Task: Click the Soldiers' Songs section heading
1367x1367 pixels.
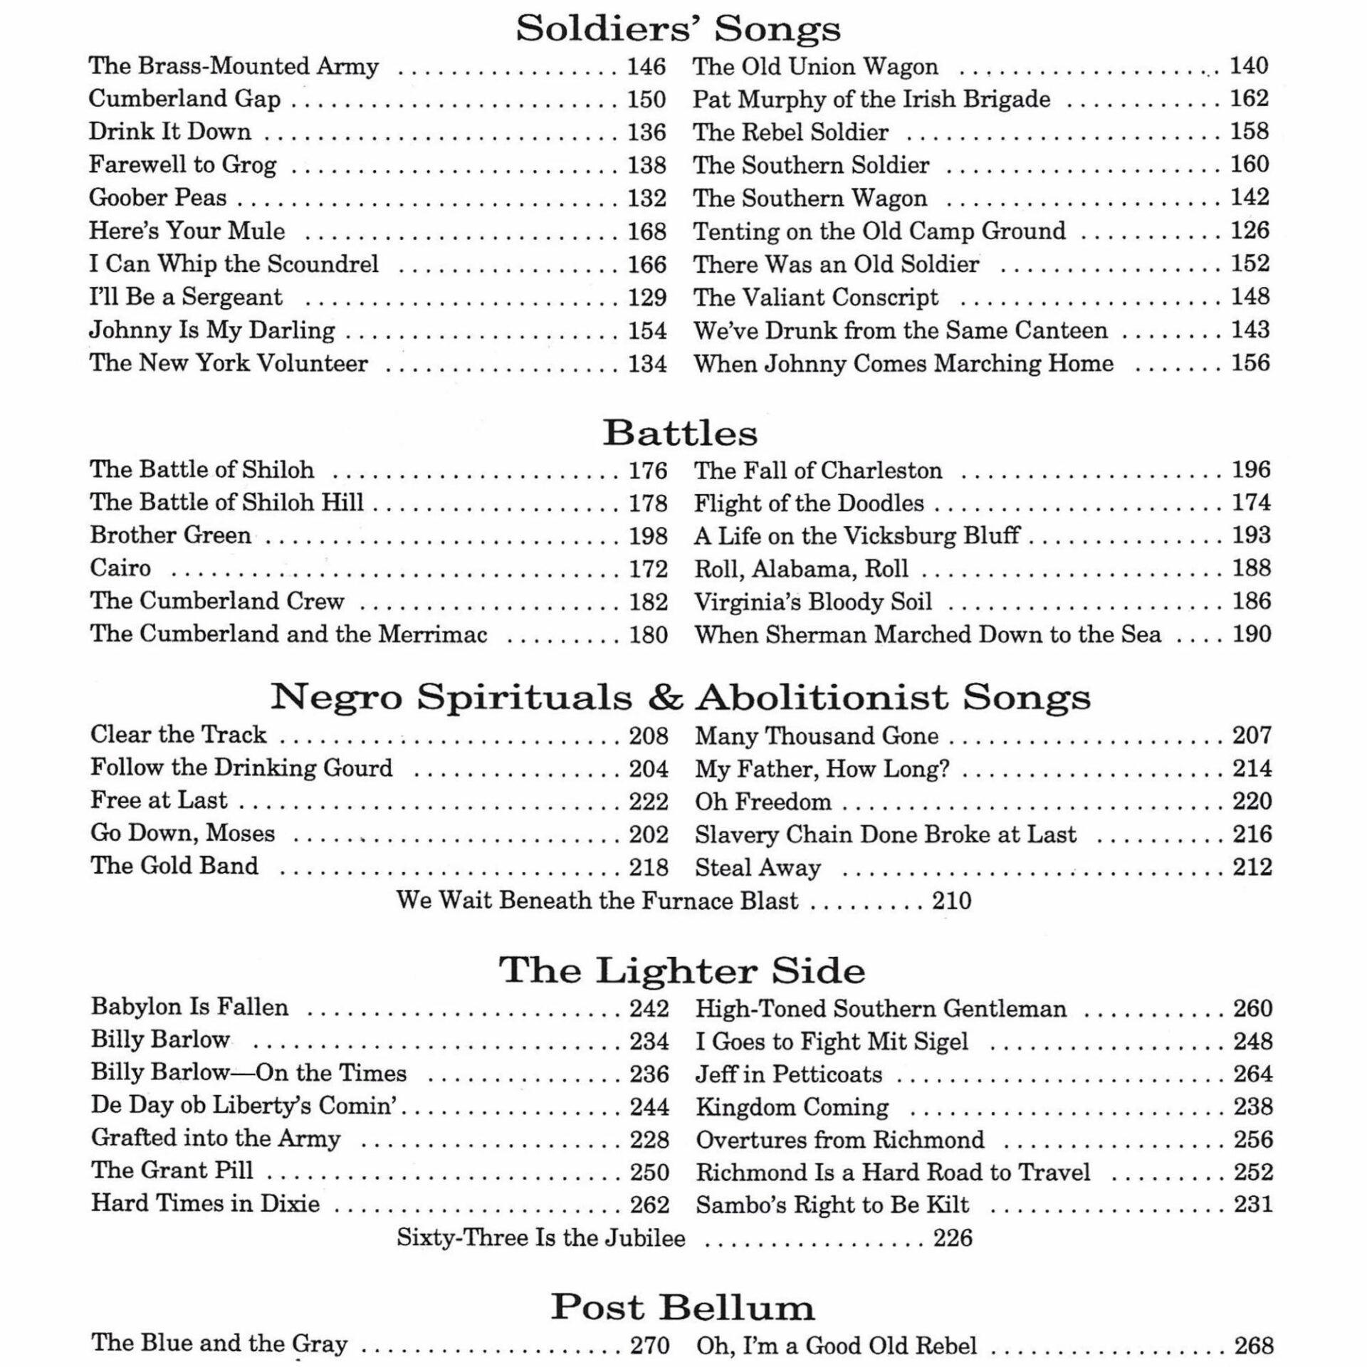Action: tap(678, 29)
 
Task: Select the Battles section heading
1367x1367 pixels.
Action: tap(680, 433)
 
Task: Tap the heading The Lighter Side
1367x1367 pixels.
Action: tap(681, 970)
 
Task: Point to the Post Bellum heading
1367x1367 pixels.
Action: tap(682, 1307)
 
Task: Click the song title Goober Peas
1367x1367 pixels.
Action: tap(157, 198)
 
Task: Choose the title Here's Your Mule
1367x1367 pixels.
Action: tap(187, 231)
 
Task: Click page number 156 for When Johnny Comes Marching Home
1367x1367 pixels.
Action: tap(1251, 363)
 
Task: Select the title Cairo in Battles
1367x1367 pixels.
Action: tap(120, 568)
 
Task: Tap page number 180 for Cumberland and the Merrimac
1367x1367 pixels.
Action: tap(648, 634)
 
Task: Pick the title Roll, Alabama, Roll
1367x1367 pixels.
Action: tap(801, 569)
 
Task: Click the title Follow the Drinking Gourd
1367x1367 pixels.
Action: tap(241, 768)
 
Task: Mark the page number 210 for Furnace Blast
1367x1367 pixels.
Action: tap(952, 901)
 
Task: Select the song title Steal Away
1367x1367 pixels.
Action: tap(758, 868)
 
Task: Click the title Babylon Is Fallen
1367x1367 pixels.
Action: tap(189, 1007)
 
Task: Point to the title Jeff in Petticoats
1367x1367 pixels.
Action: tap(788, 1074)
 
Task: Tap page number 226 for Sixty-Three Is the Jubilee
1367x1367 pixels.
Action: tap(953, 1238)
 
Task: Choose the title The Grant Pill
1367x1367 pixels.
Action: tap(172, 1170)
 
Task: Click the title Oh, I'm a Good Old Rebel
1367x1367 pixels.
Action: tap(836, 1346)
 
